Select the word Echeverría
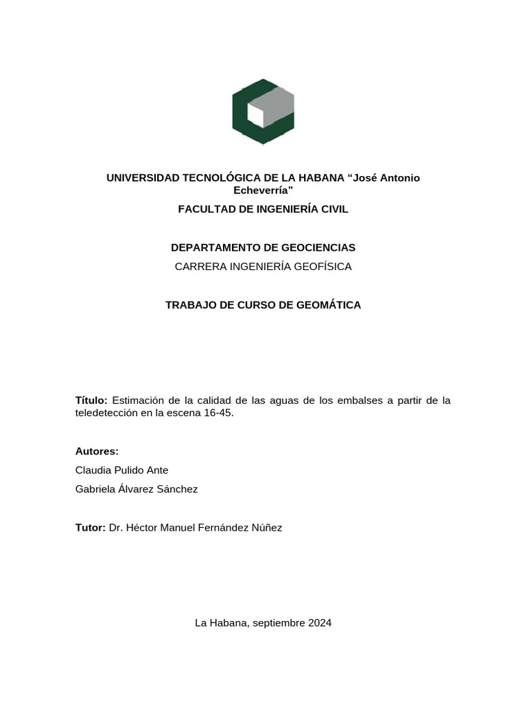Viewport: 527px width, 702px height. tap(263, 190)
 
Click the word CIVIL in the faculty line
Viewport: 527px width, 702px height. tap(333, 209)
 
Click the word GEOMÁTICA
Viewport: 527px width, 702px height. tap(327, 305)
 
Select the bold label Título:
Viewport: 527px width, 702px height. tap(91, 400)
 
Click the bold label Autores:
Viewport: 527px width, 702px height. tap(97, 451)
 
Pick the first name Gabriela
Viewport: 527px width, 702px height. tap(97, 489)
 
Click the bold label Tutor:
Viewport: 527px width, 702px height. tap(90, 527)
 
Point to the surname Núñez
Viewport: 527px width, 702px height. tap(266, 527)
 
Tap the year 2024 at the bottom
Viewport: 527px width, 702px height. tap(320, 623)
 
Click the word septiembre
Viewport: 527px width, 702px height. tap(279, 623)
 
